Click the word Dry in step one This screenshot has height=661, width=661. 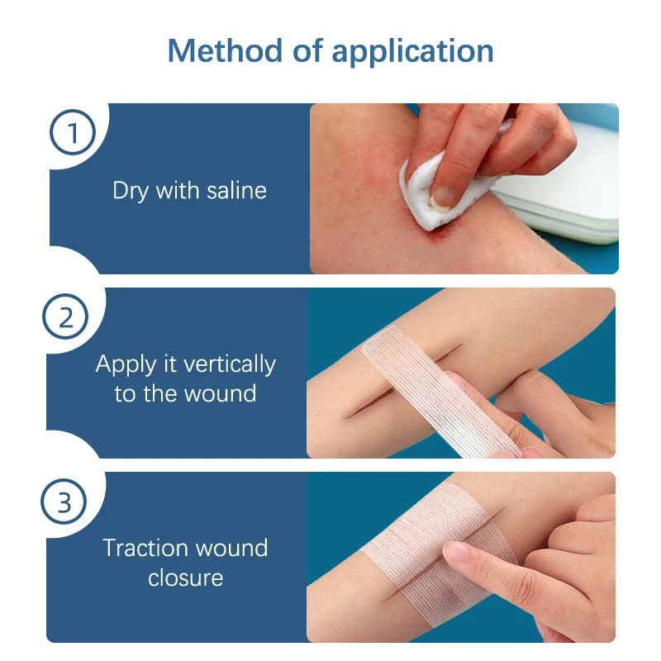pyautogui.click(x=130, y=191)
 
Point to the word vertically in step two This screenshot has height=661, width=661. pyautogui.click(x=230, y=364)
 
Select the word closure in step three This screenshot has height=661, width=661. pyautogui.click(x=185, y=577)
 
